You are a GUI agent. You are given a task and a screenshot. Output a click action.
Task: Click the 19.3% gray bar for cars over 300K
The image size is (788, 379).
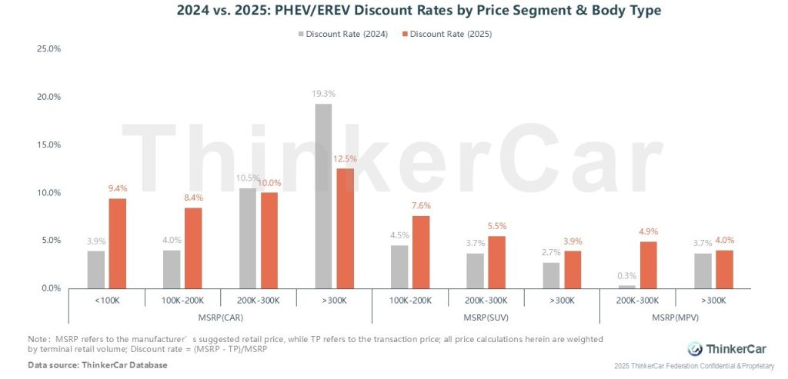point(323,196)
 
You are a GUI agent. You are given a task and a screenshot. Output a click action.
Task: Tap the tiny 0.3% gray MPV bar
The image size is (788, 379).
point(626,287)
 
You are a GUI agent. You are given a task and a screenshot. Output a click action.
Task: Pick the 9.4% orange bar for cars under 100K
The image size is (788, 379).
point(117,243)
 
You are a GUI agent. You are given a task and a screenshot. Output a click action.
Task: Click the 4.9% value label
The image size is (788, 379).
point(648,231)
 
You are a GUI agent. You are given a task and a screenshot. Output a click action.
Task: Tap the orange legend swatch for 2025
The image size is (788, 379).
point(405,34)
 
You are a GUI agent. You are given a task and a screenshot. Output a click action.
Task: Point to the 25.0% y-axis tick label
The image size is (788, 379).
point(48,49)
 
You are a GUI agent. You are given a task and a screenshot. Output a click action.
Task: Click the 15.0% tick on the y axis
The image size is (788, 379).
point(48,145)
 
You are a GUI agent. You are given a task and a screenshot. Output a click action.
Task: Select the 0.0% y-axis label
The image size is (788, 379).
point(51,288)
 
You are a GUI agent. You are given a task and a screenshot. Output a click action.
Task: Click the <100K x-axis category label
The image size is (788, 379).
point(106,300)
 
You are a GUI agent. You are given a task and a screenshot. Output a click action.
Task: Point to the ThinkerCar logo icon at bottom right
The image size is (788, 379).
point(694,348)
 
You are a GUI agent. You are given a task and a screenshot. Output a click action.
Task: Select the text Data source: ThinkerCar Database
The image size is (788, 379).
point(98,364)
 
